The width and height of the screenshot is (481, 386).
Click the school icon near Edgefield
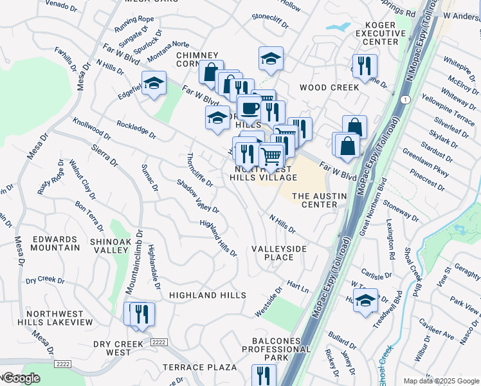(x=154, y=84)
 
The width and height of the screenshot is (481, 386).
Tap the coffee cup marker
(x=249, y=107)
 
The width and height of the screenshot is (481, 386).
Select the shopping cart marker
(x=271, y=155)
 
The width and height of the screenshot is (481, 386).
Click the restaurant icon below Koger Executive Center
(x=365, y=65)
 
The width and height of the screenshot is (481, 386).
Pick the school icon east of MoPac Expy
(x=365, y=300)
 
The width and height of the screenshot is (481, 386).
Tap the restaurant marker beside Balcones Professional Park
(x=264, y=374)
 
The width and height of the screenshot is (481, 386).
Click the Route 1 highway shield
(x=404, y=100)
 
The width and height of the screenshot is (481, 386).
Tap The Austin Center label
(x=320, y=200)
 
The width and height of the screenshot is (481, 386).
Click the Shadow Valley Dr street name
(x=198, y=196)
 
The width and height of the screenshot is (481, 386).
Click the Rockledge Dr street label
(x=136, y=129)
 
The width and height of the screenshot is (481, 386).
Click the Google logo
(x=22, y=378)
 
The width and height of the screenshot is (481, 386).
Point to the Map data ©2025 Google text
(x=441, y=381)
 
